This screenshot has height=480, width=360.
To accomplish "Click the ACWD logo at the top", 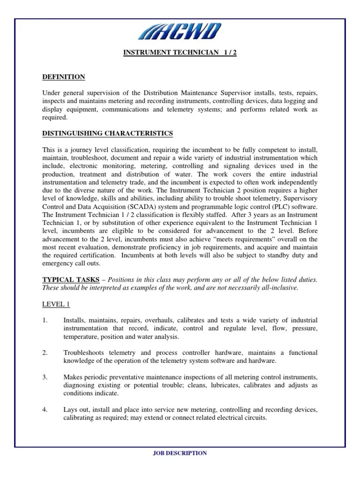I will click(180, 31).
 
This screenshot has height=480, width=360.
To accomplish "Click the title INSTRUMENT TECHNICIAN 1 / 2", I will click(180, 52).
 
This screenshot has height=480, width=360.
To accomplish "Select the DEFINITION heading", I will click(64, 77).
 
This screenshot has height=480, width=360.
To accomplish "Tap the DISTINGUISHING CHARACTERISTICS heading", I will click(107, 134).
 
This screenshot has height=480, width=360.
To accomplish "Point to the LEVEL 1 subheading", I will click(56, 304).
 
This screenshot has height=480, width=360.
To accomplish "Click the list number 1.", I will click(45, 320).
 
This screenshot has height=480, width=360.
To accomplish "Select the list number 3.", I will click(45, 377).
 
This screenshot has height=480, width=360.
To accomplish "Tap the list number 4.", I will click(45, 410).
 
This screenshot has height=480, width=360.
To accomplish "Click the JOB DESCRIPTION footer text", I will click(180, 453).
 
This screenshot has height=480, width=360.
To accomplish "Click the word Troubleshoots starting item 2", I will click(84, 352).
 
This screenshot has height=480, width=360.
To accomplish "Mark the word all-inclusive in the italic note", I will click(279, 287).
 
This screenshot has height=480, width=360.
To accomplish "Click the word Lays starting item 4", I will click(70, 410).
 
